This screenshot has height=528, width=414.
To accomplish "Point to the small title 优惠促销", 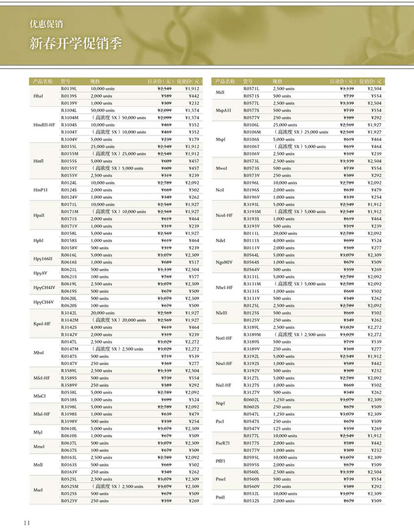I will (x=46, y=24).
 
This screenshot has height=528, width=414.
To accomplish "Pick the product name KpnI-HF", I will (x=42, y=323).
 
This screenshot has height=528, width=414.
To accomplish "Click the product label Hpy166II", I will (x=43, y=258).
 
